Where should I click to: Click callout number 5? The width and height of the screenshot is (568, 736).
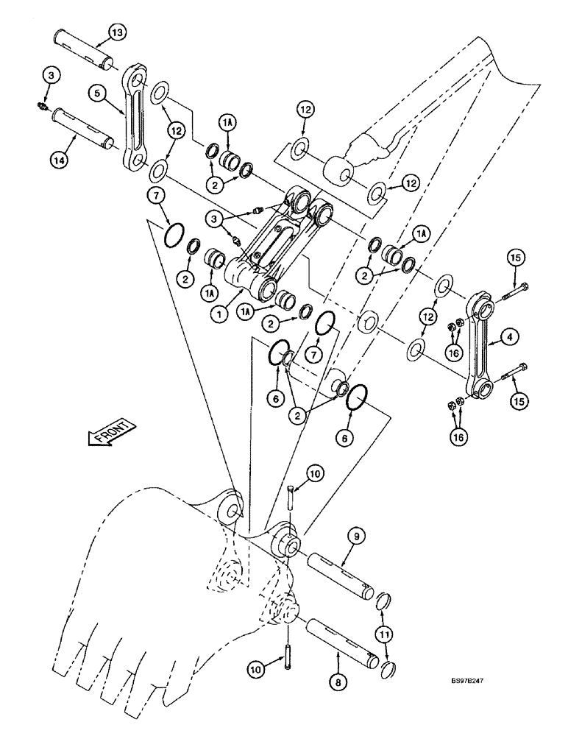96,93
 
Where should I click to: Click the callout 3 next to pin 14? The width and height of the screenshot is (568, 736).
49,75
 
